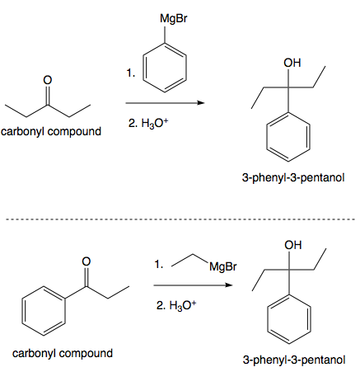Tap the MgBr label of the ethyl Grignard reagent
[222, 266]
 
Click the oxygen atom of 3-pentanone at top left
[47, 80]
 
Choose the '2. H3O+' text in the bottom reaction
[176, 307]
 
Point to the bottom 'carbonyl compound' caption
[63, 353]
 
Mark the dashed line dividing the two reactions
[180, 219]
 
